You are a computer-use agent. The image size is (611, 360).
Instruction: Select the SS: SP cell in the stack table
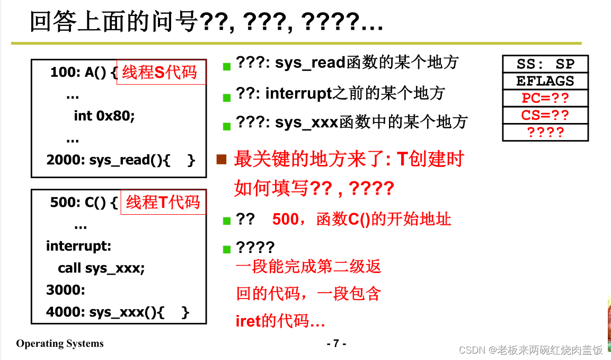(x=545, y=64)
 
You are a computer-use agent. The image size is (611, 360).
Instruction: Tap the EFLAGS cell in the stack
(x=545, y=81)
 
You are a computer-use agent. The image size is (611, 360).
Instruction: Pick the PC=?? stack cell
(x=545, y=98)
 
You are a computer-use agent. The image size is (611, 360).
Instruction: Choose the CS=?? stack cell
(x=545, y=115)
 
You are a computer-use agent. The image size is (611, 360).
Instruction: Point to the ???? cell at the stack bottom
(x=545, y=132)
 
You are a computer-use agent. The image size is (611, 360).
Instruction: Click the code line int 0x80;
(x=104, y=116)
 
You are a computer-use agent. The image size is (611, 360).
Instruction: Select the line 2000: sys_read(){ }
(x=121, y=160)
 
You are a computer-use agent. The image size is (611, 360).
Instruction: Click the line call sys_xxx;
(x=101, y=268)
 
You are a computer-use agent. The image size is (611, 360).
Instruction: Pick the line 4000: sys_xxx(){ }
(x=118, y=313)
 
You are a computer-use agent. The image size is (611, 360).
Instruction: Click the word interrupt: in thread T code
(x=79, y=246)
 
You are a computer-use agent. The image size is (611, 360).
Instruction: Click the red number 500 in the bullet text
(x=286, y=219)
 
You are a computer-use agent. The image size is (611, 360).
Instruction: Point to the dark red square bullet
(x=222, y=159)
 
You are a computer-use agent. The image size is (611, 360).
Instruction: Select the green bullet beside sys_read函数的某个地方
(x=227, y=67)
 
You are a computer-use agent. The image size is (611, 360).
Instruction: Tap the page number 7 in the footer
(x=336, y=344)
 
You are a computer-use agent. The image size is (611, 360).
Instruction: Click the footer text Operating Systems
(x=60, y=344)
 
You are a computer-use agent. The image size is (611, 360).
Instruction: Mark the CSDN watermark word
(x=473, y=350)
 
